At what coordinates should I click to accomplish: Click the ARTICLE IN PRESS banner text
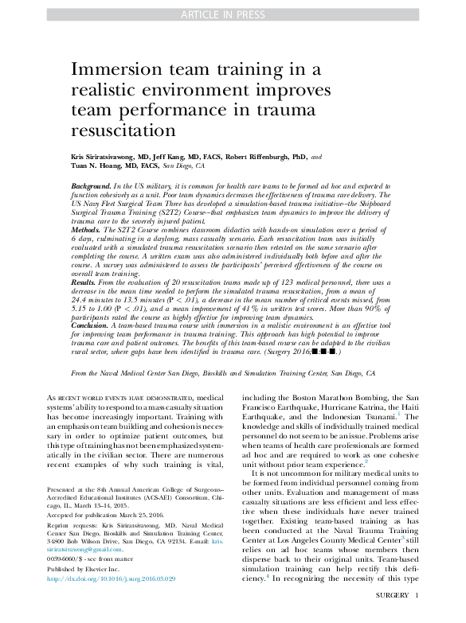(233, 14)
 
